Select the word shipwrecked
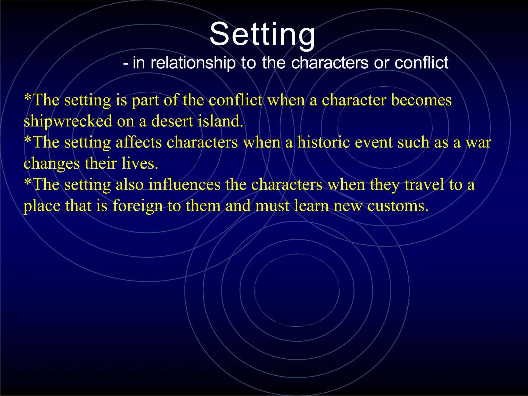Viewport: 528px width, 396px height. coord(68,121)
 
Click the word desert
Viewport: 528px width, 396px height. coord(172,121)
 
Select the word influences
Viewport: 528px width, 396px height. coord(184,185)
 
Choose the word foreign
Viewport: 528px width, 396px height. coord(137,206)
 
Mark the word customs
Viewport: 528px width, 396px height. coord(398,206)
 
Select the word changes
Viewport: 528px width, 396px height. coord(52,164)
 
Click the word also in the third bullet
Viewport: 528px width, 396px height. coord(129,185)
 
